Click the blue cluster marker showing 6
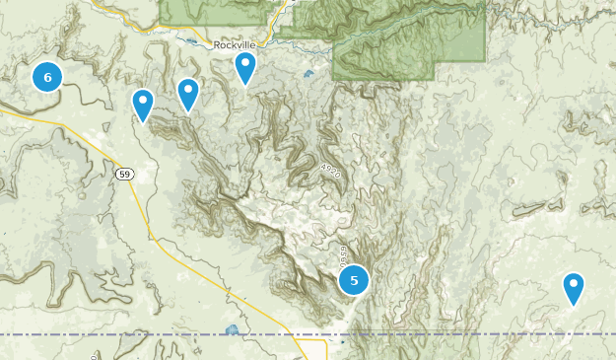pyautogui.click(x=47, y=76)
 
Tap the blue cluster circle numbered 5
pyautogui.click(x=354, y=280)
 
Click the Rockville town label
pyautogui.click(x=235, y=45)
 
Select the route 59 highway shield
pyautogui.click(x=123, y=175)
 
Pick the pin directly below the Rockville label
pyautogui.click(x=245, y=67)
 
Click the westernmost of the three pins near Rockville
pyautogui.click(x=143, y=104)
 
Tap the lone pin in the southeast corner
pyautogui.click(x=574, y=287)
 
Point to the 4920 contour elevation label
pyautogui.click(x=330, y=171)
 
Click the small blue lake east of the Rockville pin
pyautogui.click(x=308, y=73)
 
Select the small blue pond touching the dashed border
pyautogui.click(x=233, y=329)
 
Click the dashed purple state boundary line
pyautogui.click(x=444, y=334)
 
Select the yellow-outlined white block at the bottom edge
pyautogui.click(x=314, y=350)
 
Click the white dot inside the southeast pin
pyautogui.click(x=574, y=284)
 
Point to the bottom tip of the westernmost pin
pyautogui.click(x=143, y=123)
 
